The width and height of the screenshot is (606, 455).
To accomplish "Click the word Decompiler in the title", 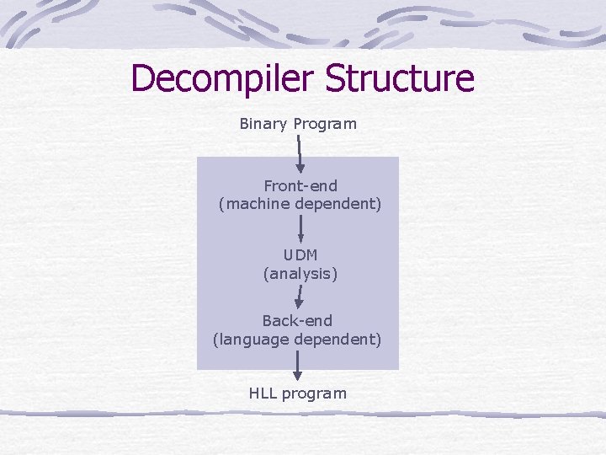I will [223, 79].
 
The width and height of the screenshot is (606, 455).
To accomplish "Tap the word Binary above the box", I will [263, 124].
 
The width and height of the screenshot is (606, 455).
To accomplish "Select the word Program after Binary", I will [325, 124].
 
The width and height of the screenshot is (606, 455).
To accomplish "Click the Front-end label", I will [300, 185].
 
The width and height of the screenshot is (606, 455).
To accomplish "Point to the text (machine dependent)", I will [300, 204].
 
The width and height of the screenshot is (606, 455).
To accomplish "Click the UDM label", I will [300, 254].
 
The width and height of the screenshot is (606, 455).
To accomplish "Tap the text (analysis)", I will [300, 273].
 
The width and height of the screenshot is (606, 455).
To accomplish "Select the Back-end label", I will [297, 320].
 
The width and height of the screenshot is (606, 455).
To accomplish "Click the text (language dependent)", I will [297, 340].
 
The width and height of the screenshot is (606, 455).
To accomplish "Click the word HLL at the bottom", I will [263, 393].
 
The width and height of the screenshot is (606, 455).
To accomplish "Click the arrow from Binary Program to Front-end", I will [300, 154].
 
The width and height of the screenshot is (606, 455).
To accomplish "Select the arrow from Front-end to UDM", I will [300, 228].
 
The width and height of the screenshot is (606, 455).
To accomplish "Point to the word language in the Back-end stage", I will [250, 340].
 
